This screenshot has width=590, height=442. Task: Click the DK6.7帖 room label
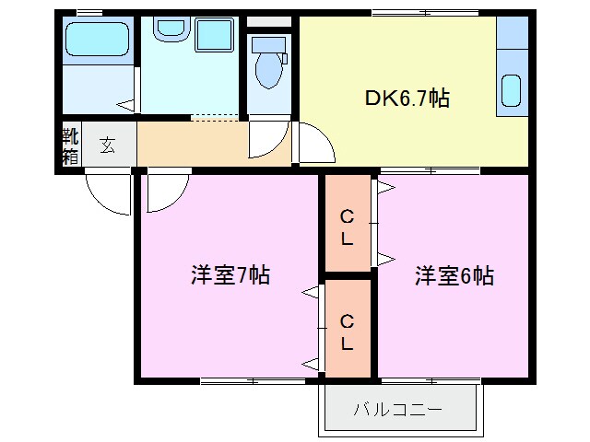point(407,99)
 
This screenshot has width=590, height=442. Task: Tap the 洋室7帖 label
point(230,275)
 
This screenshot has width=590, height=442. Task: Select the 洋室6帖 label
point(454,276)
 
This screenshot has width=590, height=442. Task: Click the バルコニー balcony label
point(397,409)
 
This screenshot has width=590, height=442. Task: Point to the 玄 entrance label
point(108,145)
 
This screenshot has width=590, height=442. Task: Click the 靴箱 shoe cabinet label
point(70,146)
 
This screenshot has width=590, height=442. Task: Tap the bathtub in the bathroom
point(98,39)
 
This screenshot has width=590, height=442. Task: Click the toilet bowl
point(268,70)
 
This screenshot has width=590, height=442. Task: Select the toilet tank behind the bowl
point(268,45)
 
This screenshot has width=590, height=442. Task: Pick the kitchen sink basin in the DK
point(512,91)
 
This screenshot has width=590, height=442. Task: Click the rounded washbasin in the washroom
point(171,28)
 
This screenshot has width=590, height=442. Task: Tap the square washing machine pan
point(215,35)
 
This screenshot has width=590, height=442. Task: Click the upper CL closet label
point(347,227)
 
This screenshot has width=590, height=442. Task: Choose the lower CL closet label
point(347,332)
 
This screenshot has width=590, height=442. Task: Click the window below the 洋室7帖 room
point(253,381)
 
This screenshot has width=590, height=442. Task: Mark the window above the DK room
point(425,13)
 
